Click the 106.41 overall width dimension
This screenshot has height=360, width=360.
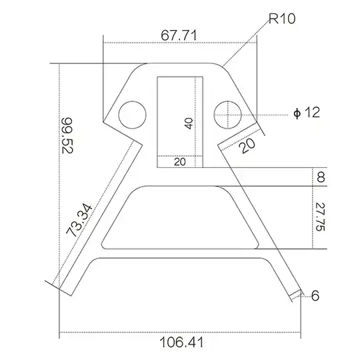click(181, 343)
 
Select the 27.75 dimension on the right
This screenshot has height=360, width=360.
click(319, 217)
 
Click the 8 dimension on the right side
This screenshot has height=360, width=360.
click(321, 177)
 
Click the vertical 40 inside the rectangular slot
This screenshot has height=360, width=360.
click(189, 123)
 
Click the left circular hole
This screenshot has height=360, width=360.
click(132, 115)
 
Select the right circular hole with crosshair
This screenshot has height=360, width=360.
click(227, 115)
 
